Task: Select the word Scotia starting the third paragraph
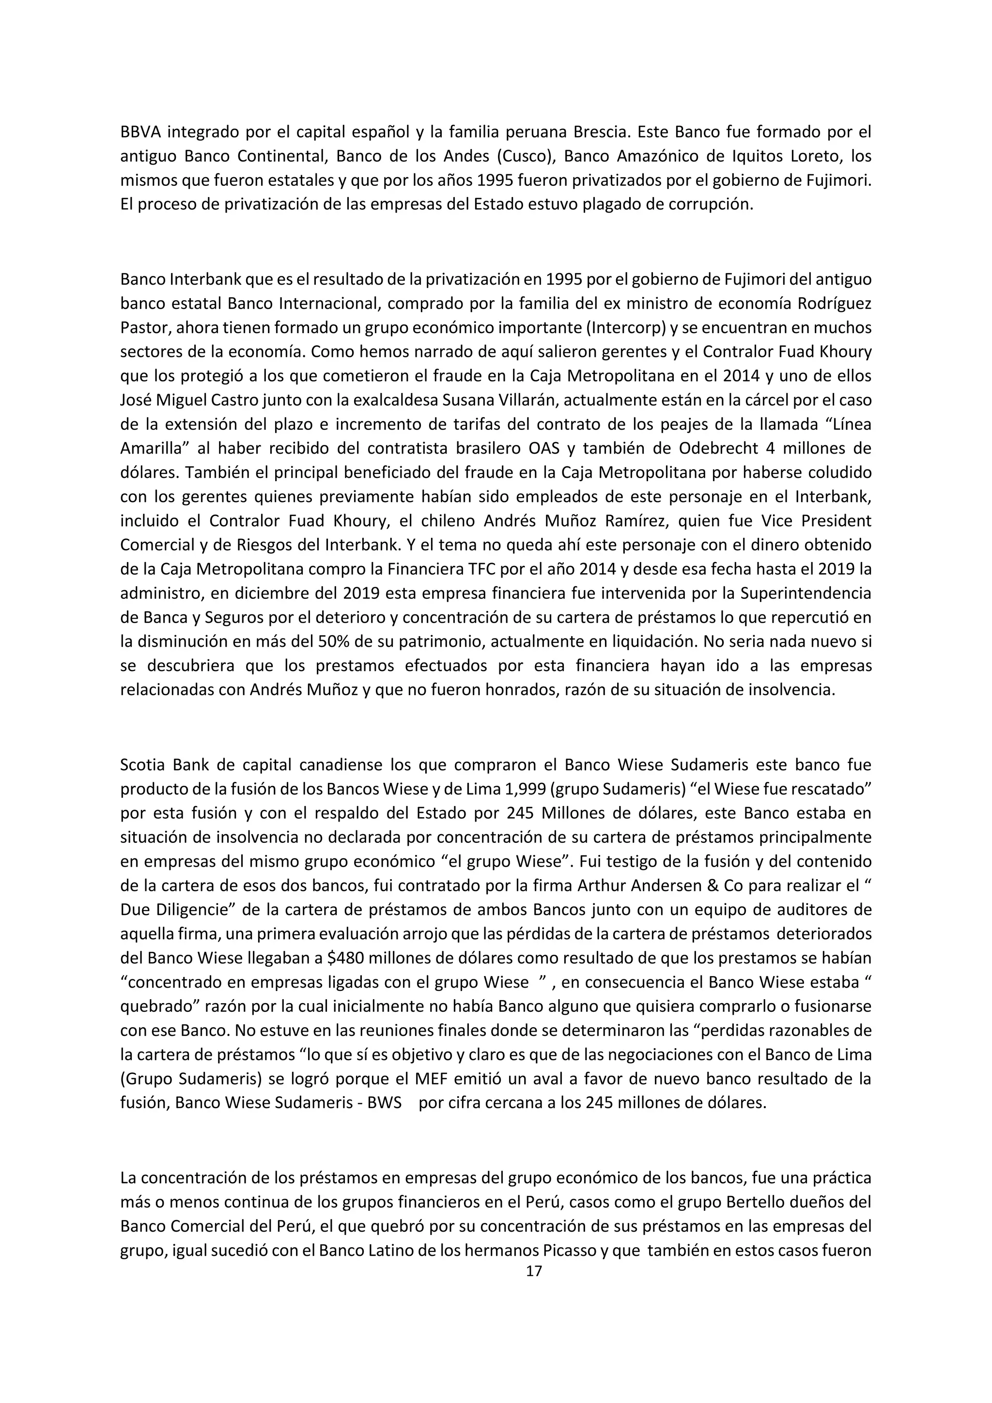pyautogui.click(x=142, y=765)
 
